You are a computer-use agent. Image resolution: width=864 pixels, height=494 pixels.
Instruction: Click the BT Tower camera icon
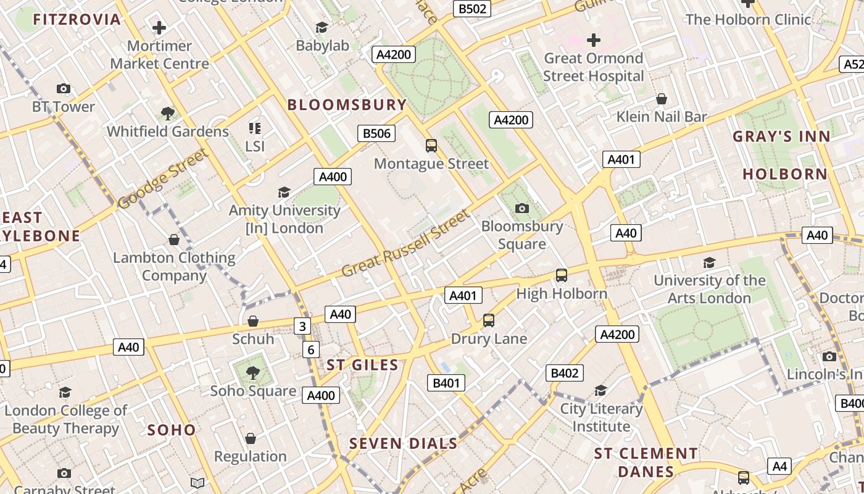pyautogui.click(x=64, y=89)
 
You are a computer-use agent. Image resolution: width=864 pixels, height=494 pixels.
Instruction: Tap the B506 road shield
pyautogui.click(x=376, y=133)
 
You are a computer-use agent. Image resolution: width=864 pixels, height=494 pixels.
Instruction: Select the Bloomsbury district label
pyautogui.click(x=347, y=105)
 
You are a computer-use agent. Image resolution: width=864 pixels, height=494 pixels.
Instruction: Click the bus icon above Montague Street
pyautogui.click(x=431, y=146)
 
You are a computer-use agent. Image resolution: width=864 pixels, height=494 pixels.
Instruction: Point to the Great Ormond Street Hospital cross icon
pyautogui.click(x=593, y=41)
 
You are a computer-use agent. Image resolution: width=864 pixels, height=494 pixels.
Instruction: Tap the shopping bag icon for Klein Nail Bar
pyautogui.click(x=661, y=99)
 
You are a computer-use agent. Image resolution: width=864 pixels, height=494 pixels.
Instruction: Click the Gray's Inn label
pyautogui.click(x=781, y=137)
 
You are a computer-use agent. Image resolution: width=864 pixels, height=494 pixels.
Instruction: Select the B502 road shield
pyautogui.click(x=472, y=9)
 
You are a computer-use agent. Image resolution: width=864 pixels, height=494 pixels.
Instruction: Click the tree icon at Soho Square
pyautogui.click(x=252, y=372)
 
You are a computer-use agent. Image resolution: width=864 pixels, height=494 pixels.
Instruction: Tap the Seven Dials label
pyautogui.click(x=404, y=443)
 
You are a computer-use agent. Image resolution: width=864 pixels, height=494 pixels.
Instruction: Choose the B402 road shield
pyautogui.click(x=564, y=373)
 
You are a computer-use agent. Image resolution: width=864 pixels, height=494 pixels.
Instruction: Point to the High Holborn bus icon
pyautogui.click(x=561, y=275)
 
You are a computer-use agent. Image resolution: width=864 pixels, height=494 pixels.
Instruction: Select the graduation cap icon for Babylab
pyautogui.click(x=322, y=27)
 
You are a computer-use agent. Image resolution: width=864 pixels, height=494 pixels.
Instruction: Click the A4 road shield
pyautogui.click(x=779, y=466)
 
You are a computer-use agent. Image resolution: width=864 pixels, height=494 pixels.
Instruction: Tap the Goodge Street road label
pyautogui.click(x=162, y=180)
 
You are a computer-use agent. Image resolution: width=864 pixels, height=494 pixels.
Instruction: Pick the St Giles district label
pyautogui.click(x=362, y=365)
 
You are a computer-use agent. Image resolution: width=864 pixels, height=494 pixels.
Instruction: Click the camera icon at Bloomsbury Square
pyautogui.click(x=522, y=208)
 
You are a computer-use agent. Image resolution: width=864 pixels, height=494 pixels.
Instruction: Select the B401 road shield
pyautogui.click(x=446, y=383)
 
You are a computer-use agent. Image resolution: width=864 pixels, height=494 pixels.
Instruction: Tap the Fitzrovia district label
pyautogui.click(x=77, y=20)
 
